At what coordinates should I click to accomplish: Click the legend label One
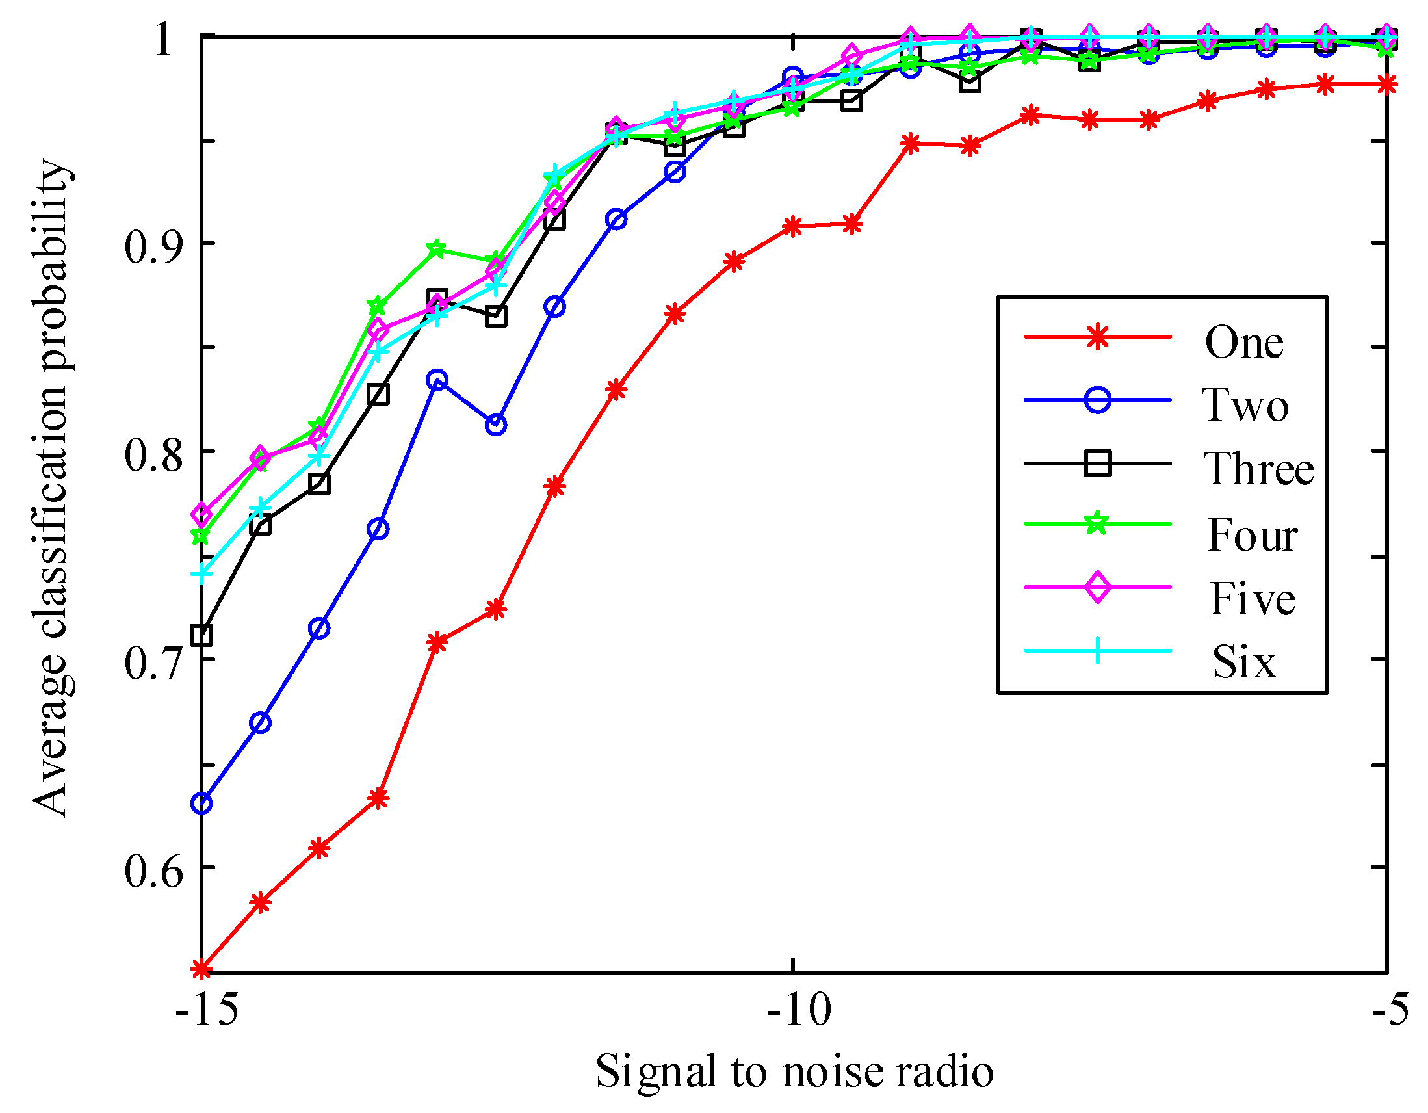(x=1243, y=342)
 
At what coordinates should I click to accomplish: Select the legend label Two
(x=1245, y=405)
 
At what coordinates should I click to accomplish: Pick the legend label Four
(x=1251, y=535)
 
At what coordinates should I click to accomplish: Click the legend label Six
(x=1243, y=662)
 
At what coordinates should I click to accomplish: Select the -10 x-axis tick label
(x=798, y=1008)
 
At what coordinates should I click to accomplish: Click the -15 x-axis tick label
(x=207, y=1008)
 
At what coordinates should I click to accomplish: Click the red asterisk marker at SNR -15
(x=202, y=969)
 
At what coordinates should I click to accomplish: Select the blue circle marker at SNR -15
(x=202, y=803)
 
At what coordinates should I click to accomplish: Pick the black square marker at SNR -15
(x=202, y=635)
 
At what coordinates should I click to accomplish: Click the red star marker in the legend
(x=1098, y=337)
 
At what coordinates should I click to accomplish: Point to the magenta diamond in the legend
(x=1098, y=587)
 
